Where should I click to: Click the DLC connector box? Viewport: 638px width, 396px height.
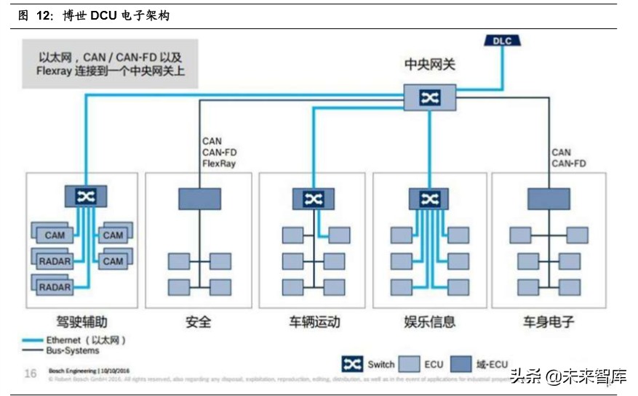[502, 41]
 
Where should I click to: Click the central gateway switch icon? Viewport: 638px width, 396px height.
[429, 97]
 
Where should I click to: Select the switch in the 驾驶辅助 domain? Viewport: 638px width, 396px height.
[86, 196]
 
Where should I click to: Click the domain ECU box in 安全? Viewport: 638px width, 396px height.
[199, 199]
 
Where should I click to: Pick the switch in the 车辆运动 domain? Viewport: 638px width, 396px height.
[314, 199]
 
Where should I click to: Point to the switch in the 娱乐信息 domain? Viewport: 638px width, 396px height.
[428, 199]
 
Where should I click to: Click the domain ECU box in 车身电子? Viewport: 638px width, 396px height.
[549, 199]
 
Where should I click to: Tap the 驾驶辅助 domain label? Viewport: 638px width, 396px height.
[82, 321]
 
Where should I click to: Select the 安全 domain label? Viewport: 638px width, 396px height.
[199, 321]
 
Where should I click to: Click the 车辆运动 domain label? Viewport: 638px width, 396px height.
[314, 321]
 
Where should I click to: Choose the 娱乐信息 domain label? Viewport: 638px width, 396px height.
[429, 321]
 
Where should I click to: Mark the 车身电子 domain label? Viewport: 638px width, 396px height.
[549, 321]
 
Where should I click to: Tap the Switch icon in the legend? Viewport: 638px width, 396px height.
[353, 364]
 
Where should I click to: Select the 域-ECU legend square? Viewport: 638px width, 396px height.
[460, 364]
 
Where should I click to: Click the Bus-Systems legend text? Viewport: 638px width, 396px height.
[73, 351]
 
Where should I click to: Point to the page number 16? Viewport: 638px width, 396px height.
[31, 373]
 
